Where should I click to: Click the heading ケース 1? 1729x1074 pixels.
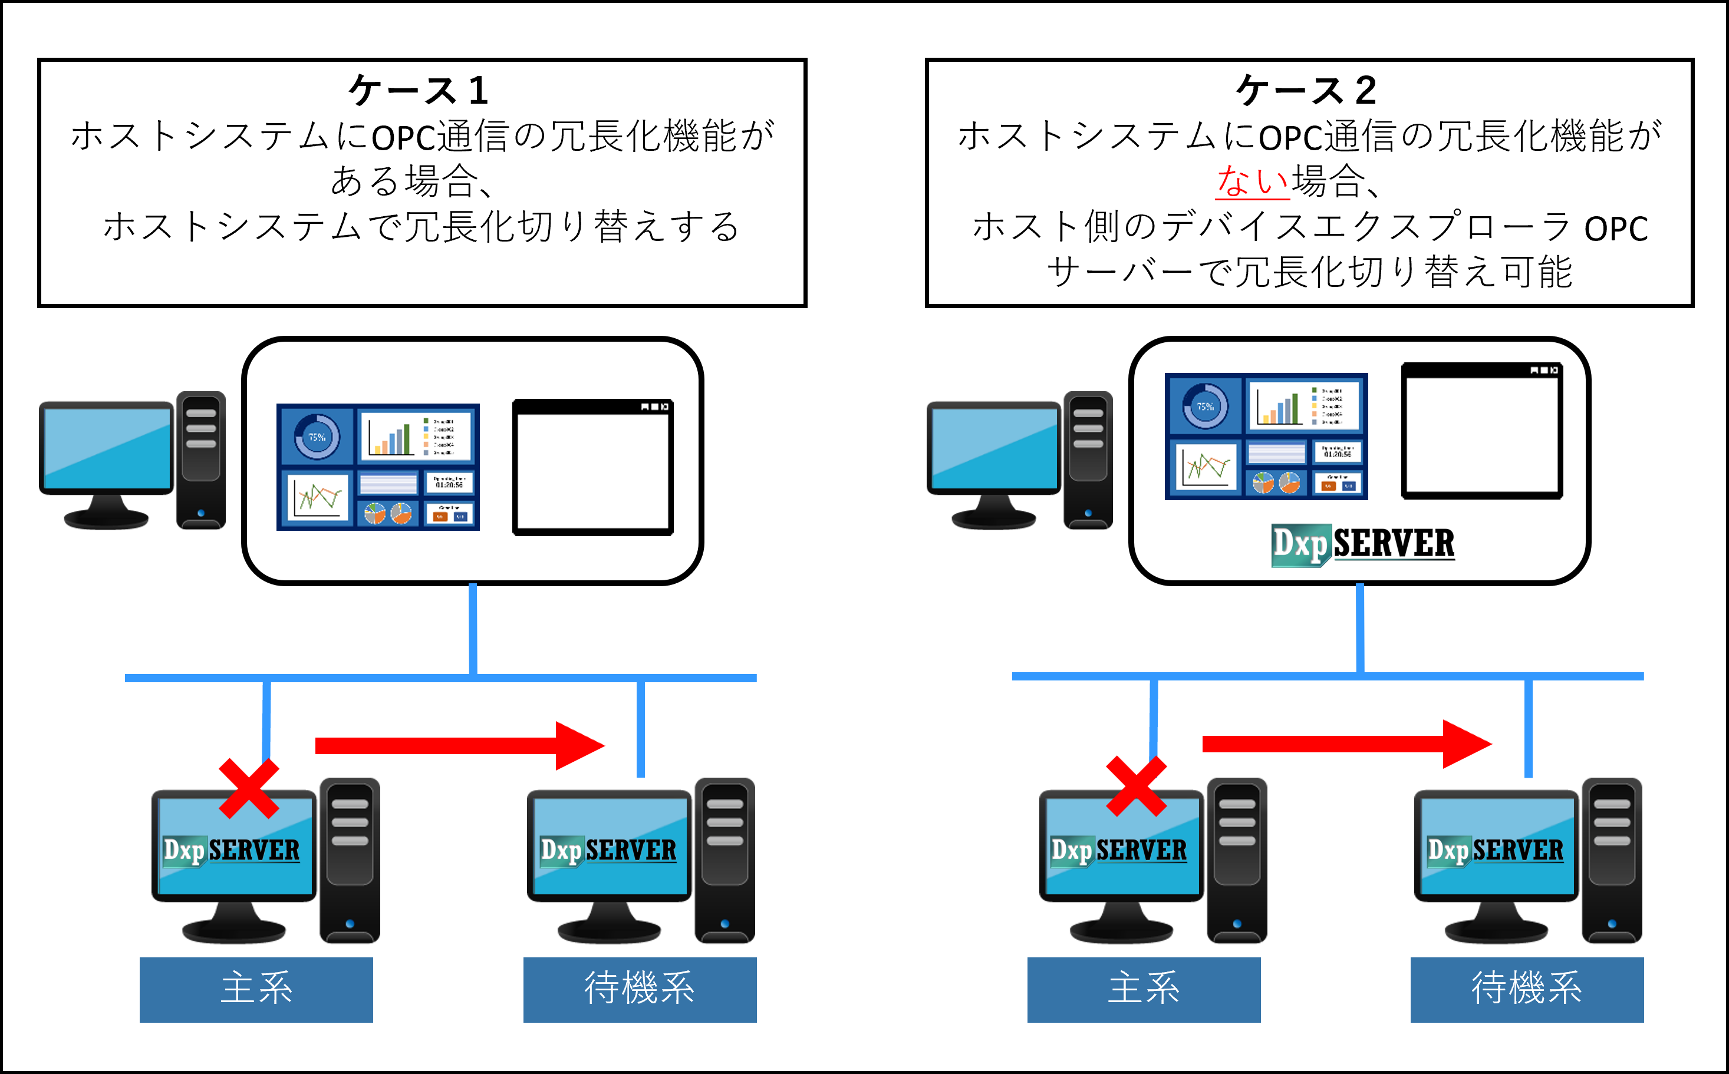click(419, 91)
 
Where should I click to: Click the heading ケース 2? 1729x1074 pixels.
click(1306, 91)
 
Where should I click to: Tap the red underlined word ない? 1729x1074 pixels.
click(1252, 180)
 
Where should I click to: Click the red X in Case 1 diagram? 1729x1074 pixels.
click(249, 788)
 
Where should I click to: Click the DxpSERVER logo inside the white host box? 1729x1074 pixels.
click(1362, 545)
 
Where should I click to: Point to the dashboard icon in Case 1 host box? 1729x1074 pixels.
click(378, 467)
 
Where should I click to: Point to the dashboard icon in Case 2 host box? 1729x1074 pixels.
click(1266, 436)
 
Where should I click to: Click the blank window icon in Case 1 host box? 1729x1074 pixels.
click(592, 467)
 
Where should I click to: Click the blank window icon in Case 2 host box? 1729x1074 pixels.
click(1481, 431)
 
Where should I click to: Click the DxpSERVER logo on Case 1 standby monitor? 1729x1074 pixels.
click(608, 850)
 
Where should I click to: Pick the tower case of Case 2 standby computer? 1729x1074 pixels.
click(1611, 860)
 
